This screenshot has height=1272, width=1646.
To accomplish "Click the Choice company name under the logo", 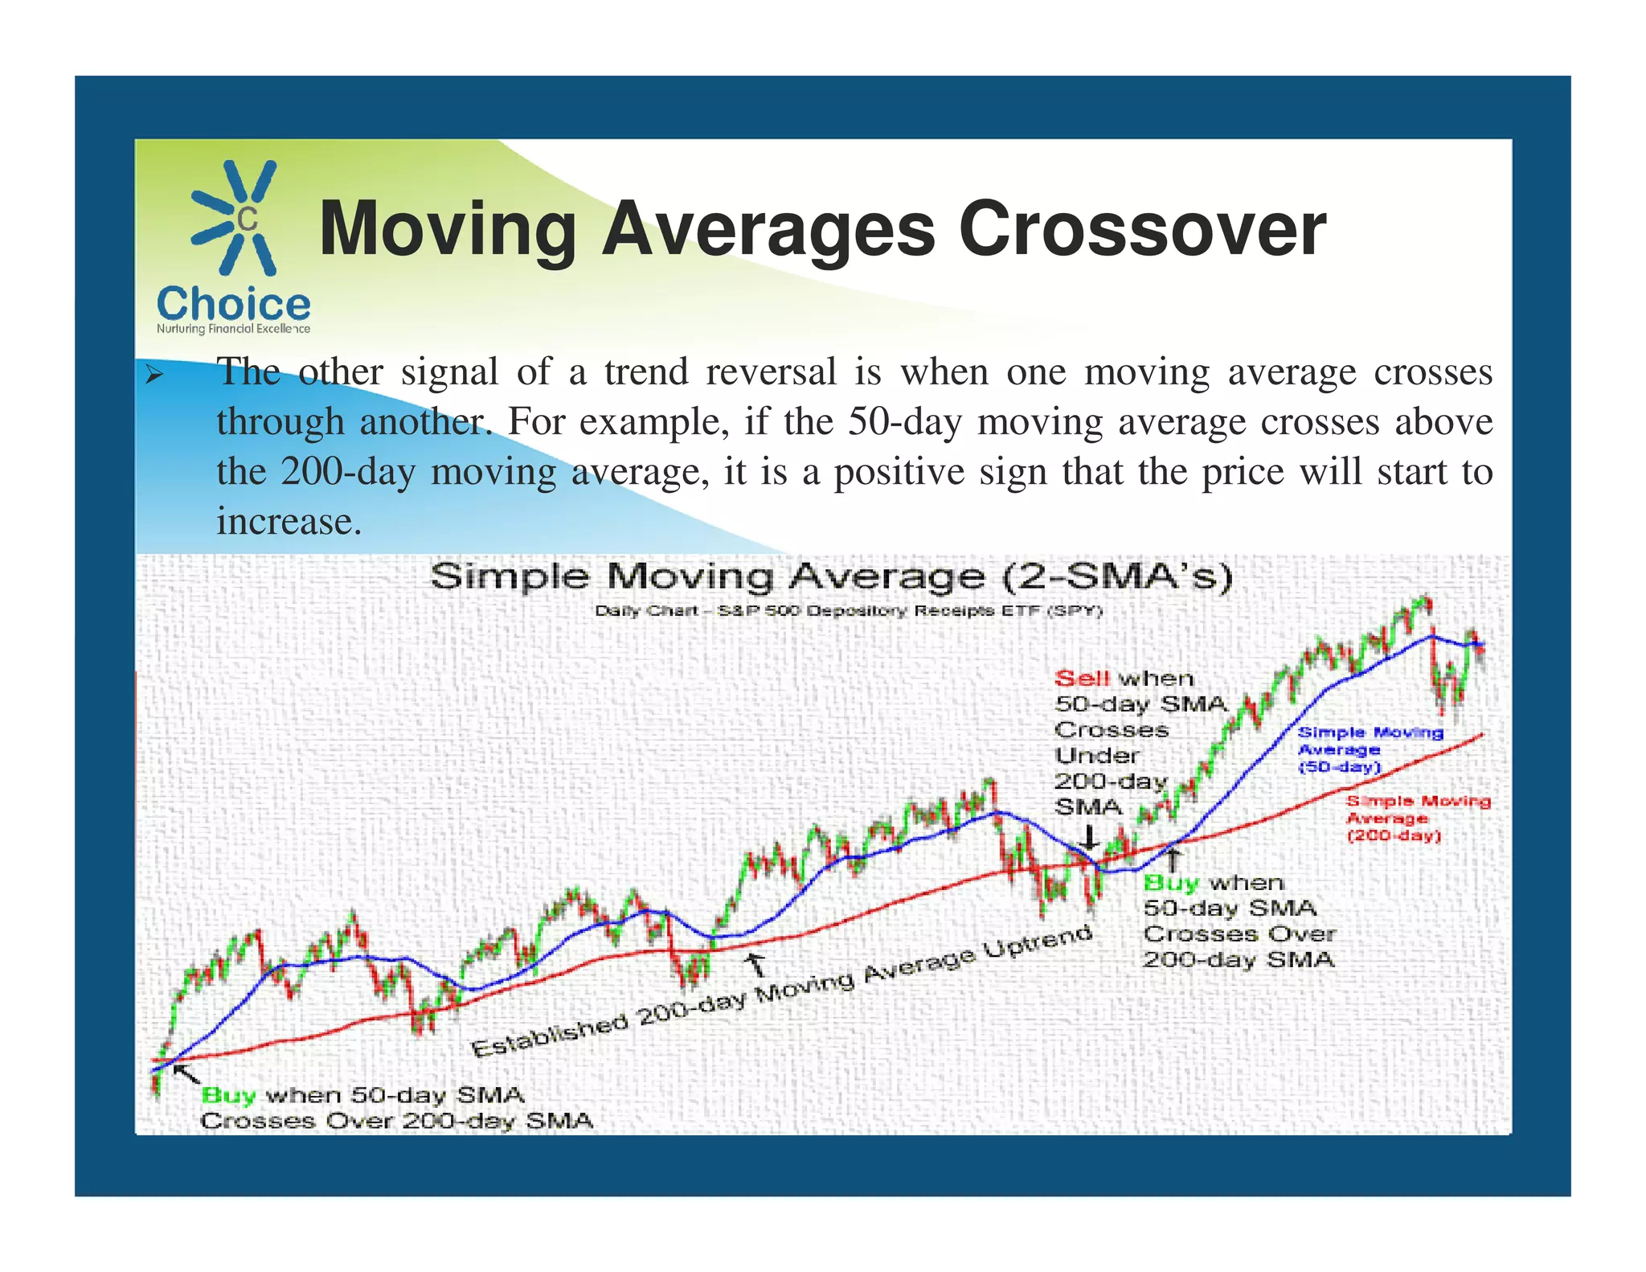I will click(233, 304).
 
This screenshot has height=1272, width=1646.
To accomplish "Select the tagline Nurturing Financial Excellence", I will click(233, 329).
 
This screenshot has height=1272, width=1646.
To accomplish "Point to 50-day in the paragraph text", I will click(904, 422).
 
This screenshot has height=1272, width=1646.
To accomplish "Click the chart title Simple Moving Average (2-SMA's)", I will click(830, 577).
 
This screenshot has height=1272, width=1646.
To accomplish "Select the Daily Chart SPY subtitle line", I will click(848, 611).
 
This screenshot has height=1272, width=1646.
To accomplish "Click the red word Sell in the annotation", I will click(1082, 679).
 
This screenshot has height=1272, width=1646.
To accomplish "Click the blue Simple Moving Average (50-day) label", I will click(1370, 749).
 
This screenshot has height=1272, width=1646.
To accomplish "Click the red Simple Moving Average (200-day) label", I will click(1418, 819).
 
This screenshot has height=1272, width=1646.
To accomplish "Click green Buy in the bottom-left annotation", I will click(228, 1095).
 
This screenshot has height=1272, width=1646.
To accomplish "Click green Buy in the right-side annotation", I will click(1170, 883).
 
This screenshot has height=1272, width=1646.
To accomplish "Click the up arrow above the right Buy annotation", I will click(1173, 860).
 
